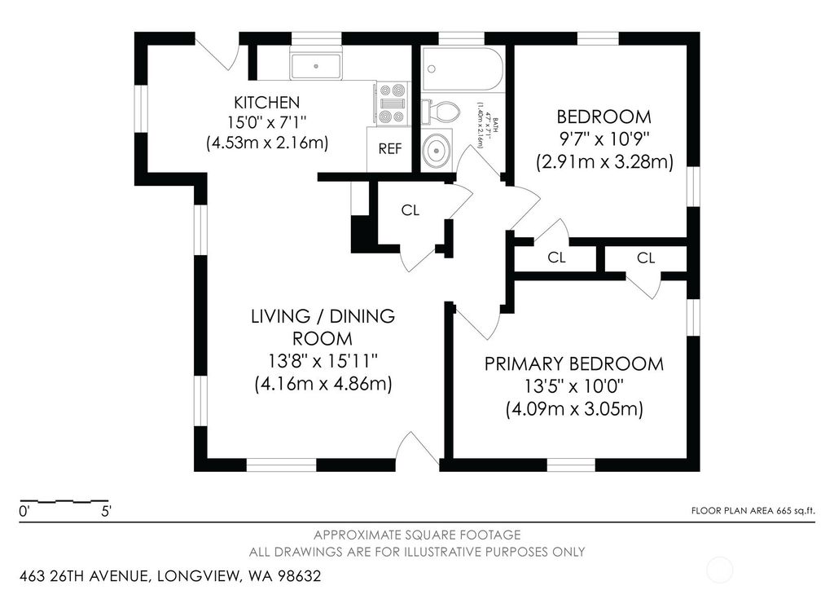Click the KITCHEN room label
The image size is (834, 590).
(x=267, y=103)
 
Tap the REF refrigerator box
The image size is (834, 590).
(x=389, y=150)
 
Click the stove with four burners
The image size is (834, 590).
(x=392, y=103)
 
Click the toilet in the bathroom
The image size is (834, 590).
(x=440, y=111)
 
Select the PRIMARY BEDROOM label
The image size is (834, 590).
(x=574, y=363)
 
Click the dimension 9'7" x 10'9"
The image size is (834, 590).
(x=604, y=139)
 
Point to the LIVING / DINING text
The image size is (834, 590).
(x=323, y=316)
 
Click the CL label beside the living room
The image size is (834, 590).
(x=410, y=210)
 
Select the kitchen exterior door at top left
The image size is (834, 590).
(x=217, y=51)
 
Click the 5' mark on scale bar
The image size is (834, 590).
(x=106, y=513)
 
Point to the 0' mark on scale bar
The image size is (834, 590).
(x=24, y=513)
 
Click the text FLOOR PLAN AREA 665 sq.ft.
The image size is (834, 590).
(x=752, y=511)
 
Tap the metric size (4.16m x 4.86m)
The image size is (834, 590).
(x=323, y=384)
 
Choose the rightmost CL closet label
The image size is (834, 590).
(x=646, y=258)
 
